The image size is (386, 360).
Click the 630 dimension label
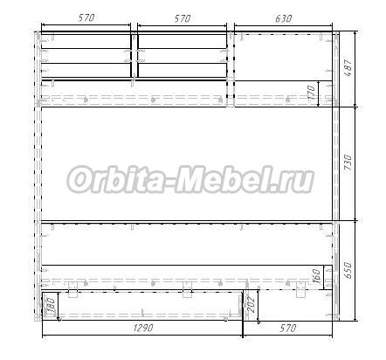click(283, 18)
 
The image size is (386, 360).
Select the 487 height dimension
click(348, 68)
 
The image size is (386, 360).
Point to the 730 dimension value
click(348, 163)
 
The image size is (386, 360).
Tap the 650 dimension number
click(348, 270)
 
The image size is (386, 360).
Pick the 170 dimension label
click(311, 92)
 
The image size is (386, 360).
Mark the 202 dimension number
click(251, 304)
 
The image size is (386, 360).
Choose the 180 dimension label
click(51, 306)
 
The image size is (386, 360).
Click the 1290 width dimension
click(143, 328)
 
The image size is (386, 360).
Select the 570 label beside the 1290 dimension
click(288, 329)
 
